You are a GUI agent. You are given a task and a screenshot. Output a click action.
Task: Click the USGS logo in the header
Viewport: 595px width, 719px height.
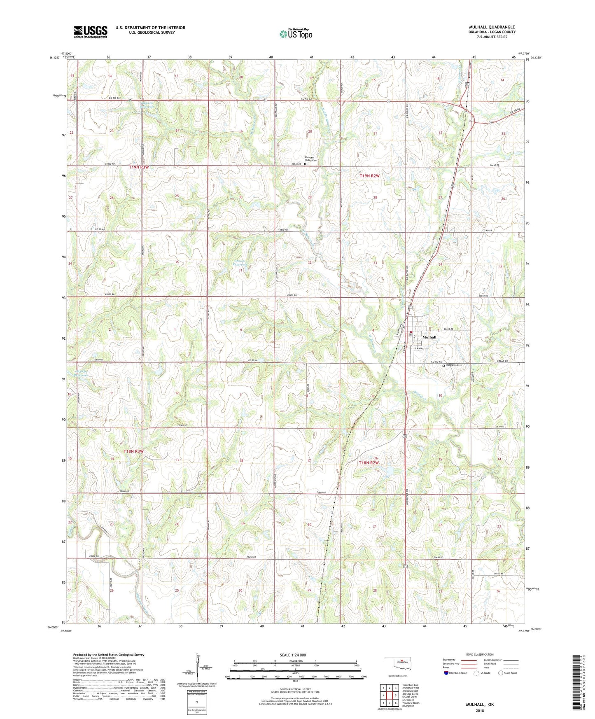(x=91, y=32)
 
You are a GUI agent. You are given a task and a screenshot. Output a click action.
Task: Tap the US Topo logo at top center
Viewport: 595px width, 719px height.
(x=296, y=34)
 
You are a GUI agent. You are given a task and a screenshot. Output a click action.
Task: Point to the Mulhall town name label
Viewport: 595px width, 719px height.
(x=429, y=337)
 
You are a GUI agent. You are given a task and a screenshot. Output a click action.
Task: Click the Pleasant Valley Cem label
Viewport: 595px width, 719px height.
(x=310, y=159)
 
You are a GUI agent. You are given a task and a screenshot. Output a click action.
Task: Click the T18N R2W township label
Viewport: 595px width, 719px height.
(x=369, y=463)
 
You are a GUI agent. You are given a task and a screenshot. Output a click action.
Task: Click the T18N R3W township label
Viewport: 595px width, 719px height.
(x=134, y=451)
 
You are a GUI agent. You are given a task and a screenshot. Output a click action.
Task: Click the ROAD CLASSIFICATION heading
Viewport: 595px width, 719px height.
(x=480, y=654)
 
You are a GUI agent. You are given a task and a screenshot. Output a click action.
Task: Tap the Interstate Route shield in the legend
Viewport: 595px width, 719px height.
(x=447, y=673)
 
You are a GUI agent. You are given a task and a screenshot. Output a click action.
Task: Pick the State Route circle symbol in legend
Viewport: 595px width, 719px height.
(x=501, y=673)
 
